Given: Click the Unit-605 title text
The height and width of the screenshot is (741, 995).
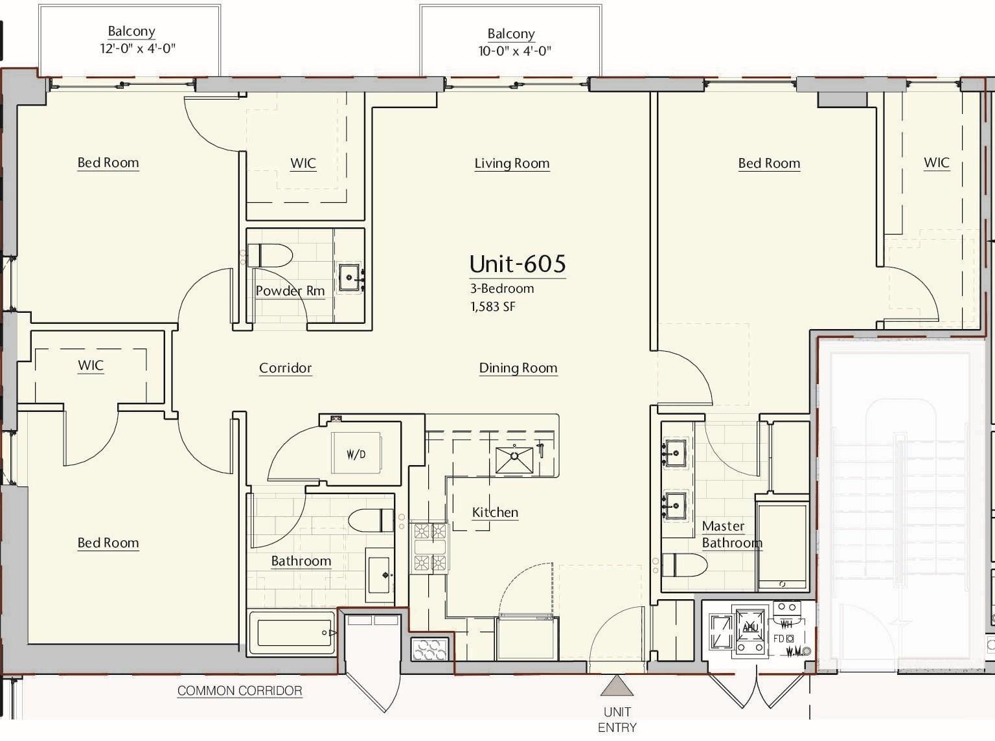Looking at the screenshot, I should (517, 264).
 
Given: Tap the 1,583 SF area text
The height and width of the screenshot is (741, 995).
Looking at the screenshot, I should (492, 307).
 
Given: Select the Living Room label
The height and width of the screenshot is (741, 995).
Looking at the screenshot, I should (512, 163).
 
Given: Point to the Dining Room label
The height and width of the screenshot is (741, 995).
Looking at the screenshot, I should (518, 368).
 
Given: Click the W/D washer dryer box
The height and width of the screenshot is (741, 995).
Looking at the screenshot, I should (356, 453).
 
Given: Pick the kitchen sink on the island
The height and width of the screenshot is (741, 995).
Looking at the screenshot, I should (514, 460).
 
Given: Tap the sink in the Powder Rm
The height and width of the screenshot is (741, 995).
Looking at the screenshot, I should (350, 278).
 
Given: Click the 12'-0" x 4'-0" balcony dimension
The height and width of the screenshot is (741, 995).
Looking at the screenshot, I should (137, 49).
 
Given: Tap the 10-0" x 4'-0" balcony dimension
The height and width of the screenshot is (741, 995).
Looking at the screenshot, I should (514, 51).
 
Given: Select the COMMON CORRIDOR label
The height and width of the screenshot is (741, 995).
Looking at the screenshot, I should (240, 690).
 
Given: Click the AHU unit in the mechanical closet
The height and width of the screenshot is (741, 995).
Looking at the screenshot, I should (750, 628).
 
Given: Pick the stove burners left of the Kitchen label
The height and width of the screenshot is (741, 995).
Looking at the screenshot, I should (430, 547).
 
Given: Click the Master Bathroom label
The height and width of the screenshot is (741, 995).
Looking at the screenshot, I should (731, 534).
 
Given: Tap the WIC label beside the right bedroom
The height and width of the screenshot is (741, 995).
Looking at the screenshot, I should (936, 163).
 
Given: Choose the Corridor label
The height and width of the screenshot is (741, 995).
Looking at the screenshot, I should (285, 368).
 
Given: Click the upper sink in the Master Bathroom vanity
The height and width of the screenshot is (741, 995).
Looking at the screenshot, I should (675, 451).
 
